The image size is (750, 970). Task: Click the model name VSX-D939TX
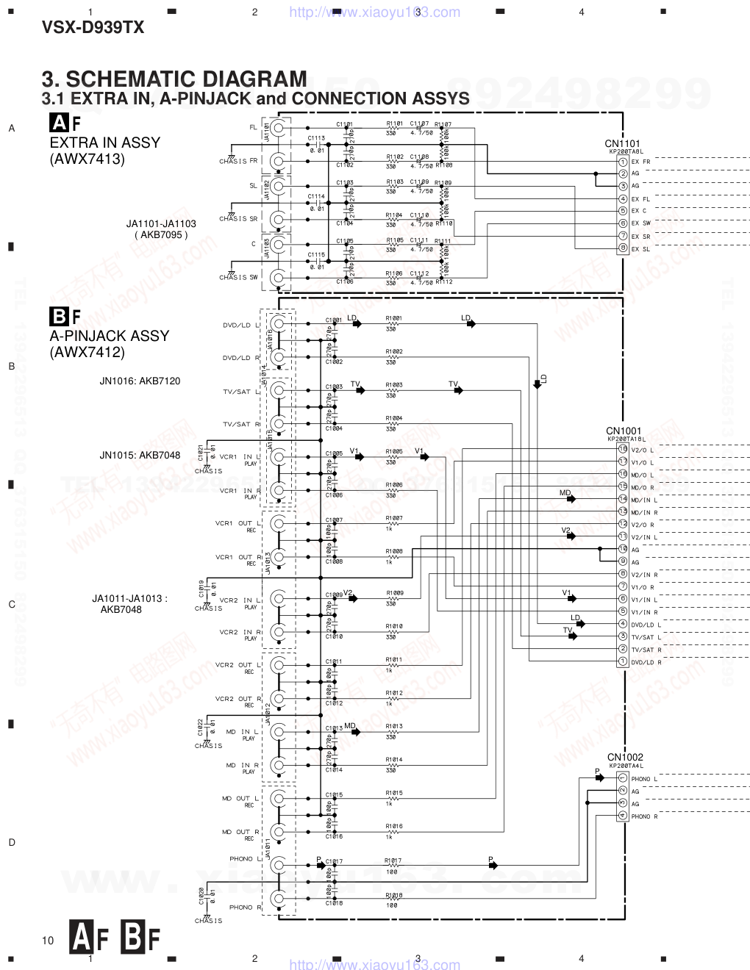pos(93,28)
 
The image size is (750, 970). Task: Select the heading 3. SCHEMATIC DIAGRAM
pos(174,79)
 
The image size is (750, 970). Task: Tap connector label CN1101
pos(622,144)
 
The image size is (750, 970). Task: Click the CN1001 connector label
pos(624,431)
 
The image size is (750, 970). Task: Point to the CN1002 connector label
pos(625,757)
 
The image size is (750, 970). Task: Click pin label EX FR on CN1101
pos(640,162)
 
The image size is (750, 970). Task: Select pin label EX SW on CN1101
pos(640,223)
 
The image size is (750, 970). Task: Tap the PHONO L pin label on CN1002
pos(644,779)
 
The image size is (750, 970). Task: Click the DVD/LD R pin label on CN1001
pos(646,662)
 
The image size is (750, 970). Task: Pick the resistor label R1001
pos(394,319)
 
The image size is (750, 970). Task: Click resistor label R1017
pos(393,861)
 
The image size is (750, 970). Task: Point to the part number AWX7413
pos(87,159)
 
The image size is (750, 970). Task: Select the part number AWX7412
pos(87,352)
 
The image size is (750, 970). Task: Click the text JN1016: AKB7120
pos(140,381)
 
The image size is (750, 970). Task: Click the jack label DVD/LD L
pos(241,325)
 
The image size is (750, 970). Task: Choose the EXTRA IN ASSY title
pos(104,143)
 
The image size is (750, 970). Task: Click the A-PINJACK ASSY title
pos(109,336)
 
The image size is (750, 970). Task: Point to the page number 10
pos(48,941)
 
